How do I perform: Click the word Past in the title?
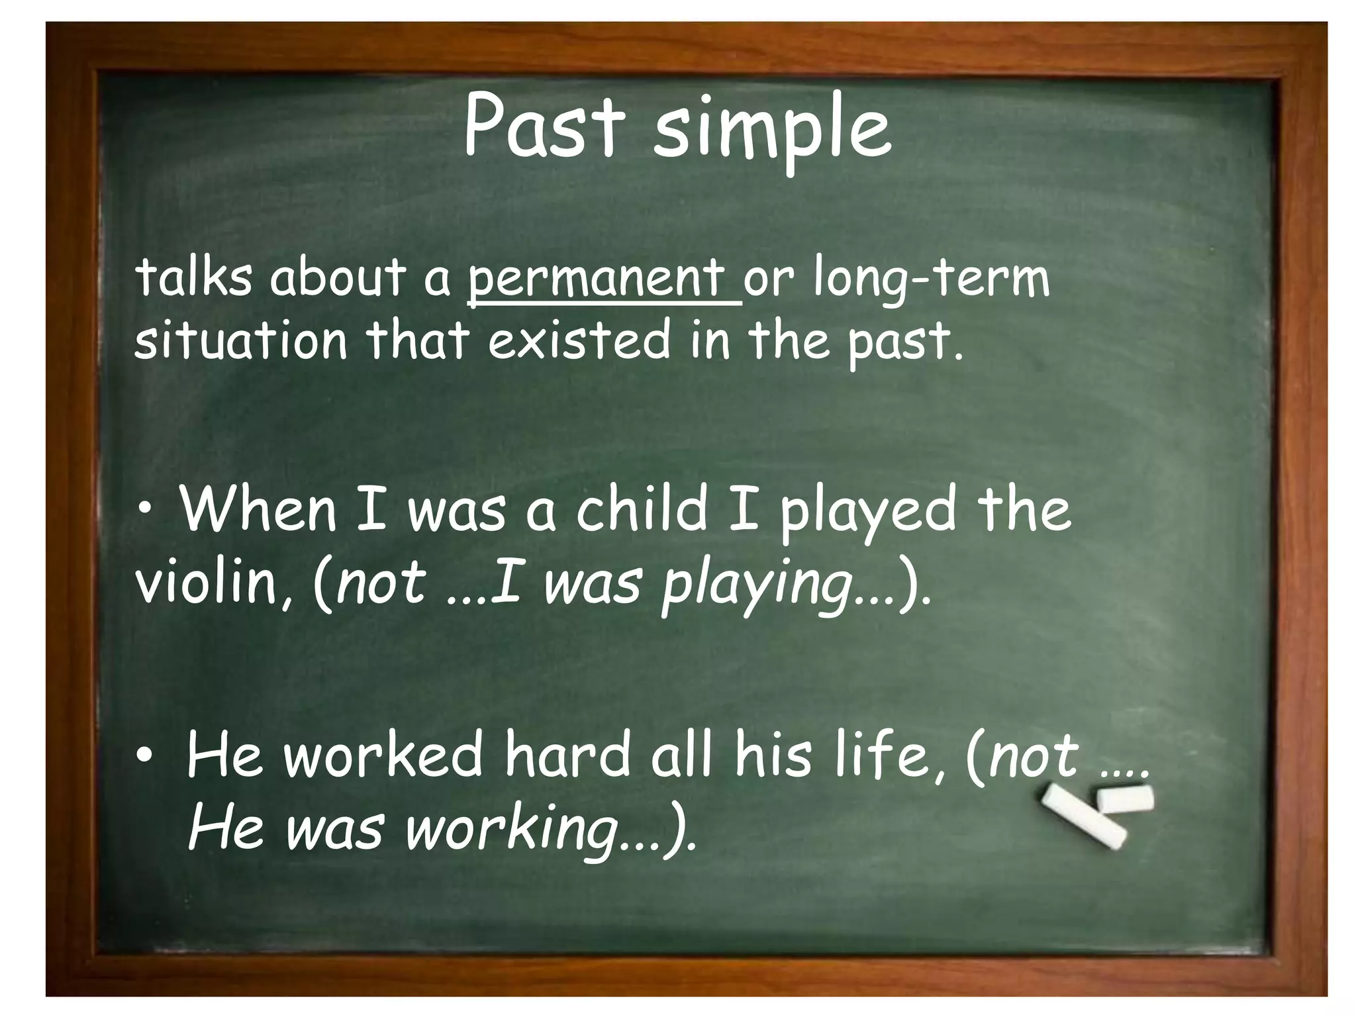543,127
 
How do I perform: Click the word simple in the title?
771,132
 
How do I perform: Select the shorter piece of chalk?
1125,799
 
